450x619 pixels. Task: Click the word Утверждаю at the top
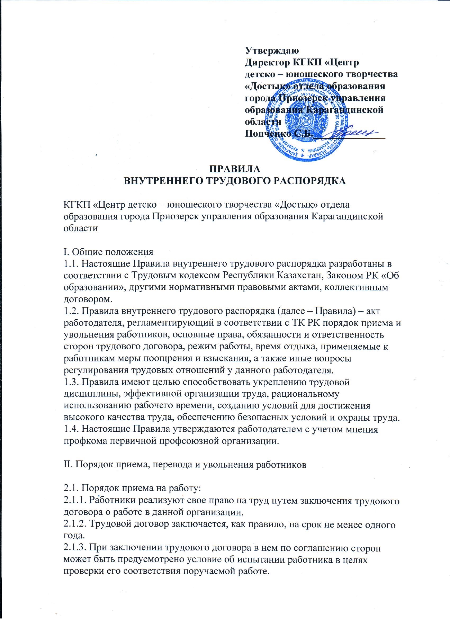click(272, 51)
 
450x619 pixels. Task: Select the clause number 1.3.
click(71, 382)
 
